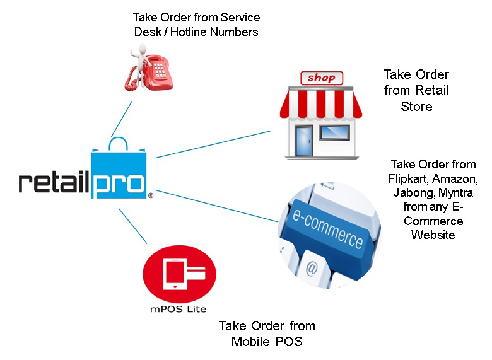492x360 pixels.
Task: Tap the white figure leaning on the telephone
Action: pyautogui.click(x=140, y=62)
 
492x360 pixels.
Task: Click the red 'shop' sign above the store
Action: pyautogui.click(x=322, y=78)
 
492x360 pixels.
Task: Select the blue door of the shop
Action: pyautogui.click(x=304, y=141)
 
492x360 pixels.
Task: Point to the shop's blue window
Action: pyautogui.click(x=334, y=132)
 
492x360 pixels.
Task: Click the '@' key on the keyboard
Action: pyautogui.click(x=312, y=268)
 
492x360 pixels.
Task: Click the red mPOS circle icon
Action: pyautogui.click(x=180, y=274)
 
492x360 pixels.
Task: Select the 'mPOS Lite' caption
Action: pyautogui.click(x=179, y=309)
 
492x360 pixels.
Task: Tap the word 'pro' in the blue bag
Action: pyautogui.click(x=119, y=186)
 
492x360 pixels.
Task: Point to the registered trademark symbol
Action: pyautogui.click(x=151, y=195)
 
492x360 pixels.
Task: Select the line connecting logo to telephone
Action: pyautogui.click(x=122, y=119)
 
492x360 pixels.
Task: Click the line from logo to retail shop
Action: pyautogui.click(x=213, y=144)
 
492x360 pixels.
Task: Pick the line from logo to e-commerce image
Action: pyautogui.click(x=217, y=206)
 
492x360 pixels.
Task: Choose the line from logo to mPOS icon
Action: pyautogui.click(x=132, y=226)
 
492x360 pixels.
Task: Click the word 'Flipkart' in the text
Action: pyautogui.click(x=408, y=179)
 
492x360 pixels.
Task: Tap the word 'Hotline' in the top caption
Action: pyautogui.click(x=189, y=32)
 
